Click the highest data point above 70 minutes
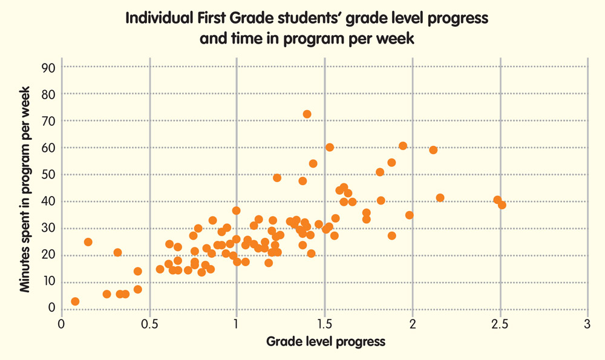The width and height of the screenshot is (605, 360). (307, 114)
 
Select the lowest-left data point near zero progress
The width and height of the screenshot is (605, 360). (75, 301)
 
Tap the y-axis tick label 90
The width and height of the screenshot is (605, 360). (48, 67)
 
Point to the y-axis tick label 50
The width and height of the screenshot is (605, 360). (48, 174)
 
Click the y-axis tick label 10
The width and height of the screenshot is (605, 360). (48, 281)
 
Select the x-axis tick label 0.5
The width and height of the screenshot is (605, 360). (149, 324)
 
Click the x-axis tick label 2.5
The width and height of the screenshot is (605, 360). (500, 324)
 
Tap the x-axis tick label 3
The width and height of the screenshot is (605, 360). (587, 324)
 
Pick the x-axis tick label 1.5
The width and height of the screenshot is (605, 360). (324, 324)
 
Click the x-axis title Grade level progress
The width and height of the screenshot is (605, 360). (325, 341)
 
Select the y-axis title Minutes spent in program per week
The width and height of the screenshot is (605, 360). (25, 188)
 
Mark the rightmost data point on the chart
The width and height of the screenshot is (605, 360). (502, 205)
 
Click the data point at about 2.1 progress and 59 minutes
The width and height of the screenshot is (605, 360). (433, 150)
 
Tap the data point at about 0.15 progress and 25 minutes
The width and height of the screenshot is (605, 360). (88, 242)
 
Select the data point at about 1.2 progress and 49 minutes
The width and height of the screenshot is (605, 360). (277, 178)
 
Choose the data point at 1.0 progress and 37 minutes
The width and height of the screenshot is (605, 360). (237, 211)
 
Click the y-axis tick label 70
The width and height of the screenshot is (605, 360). (48, 121)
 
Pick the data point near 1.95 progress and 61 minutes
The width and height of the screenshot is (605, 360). (403, 146)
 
